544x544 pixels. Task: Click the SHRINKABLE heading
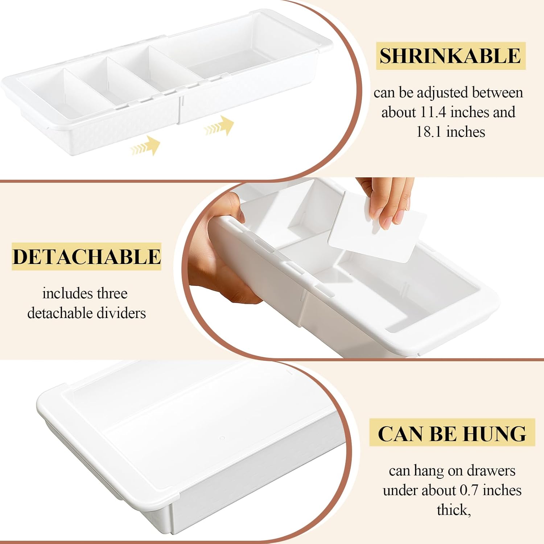[450, 56]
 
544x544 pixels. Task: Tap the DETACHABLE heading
[86, 257]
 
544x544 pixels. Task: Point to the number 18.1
[429, 132]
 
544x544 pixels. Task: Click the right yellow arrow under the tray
[219, 126]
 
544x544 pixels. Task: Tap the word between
[497, 93]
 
